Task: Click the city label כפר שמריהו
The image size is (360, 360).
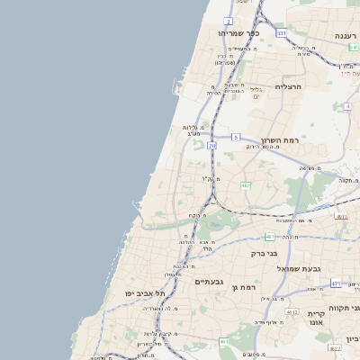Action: coord(238,33)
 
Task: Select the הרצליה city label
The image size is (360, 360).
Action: coord(286,86)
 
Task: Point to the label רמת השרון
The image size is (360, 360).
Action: coord(277,140)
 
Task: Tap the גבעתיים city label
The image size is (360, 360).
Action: coord(209,282)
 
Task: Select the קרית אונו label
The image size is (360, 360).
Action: coord(315,318)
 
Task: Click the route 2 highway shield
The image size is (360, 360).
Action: coord(229,21)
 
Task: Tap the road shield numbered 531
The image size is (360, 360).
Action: coord(281,33)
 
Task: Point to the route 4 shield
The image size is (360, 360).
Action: coord(346,106)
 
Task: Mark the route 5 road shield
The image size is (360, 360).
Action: coord(235,137)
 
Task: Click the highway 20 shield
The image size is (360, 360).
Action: coord(211,145)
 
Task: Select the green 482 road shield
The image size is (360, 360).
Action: coord(246,186)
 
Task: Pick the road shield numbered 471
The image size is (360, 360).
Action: coord(336,283)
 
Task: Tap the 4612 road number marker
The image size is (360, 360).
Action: coord(292,312)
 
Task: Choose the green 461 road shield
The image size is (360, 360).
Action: coord(224,341)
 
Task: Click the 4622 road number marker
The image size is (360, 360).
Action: coord(335,348)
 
